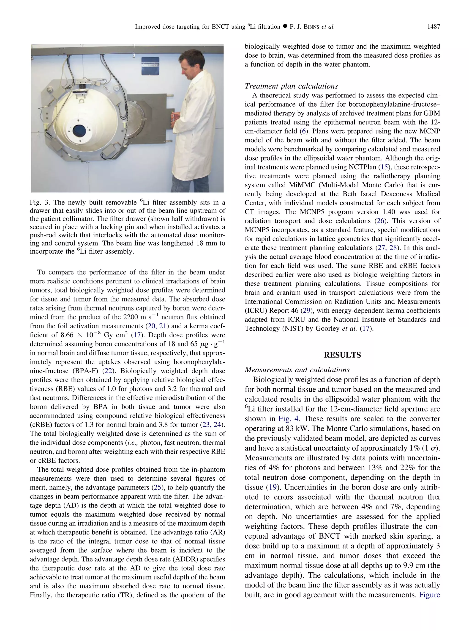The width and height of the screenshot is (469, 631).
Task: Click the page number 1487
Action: coord(434,27)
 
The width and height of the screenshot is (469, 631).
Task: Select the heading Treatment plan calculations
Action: coord(291,86)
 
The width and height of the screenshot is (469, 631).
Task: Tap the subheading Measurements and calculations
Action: coord(297,370)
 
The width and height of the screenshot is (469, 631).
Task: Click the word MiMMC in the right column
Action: coord(302,185)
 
